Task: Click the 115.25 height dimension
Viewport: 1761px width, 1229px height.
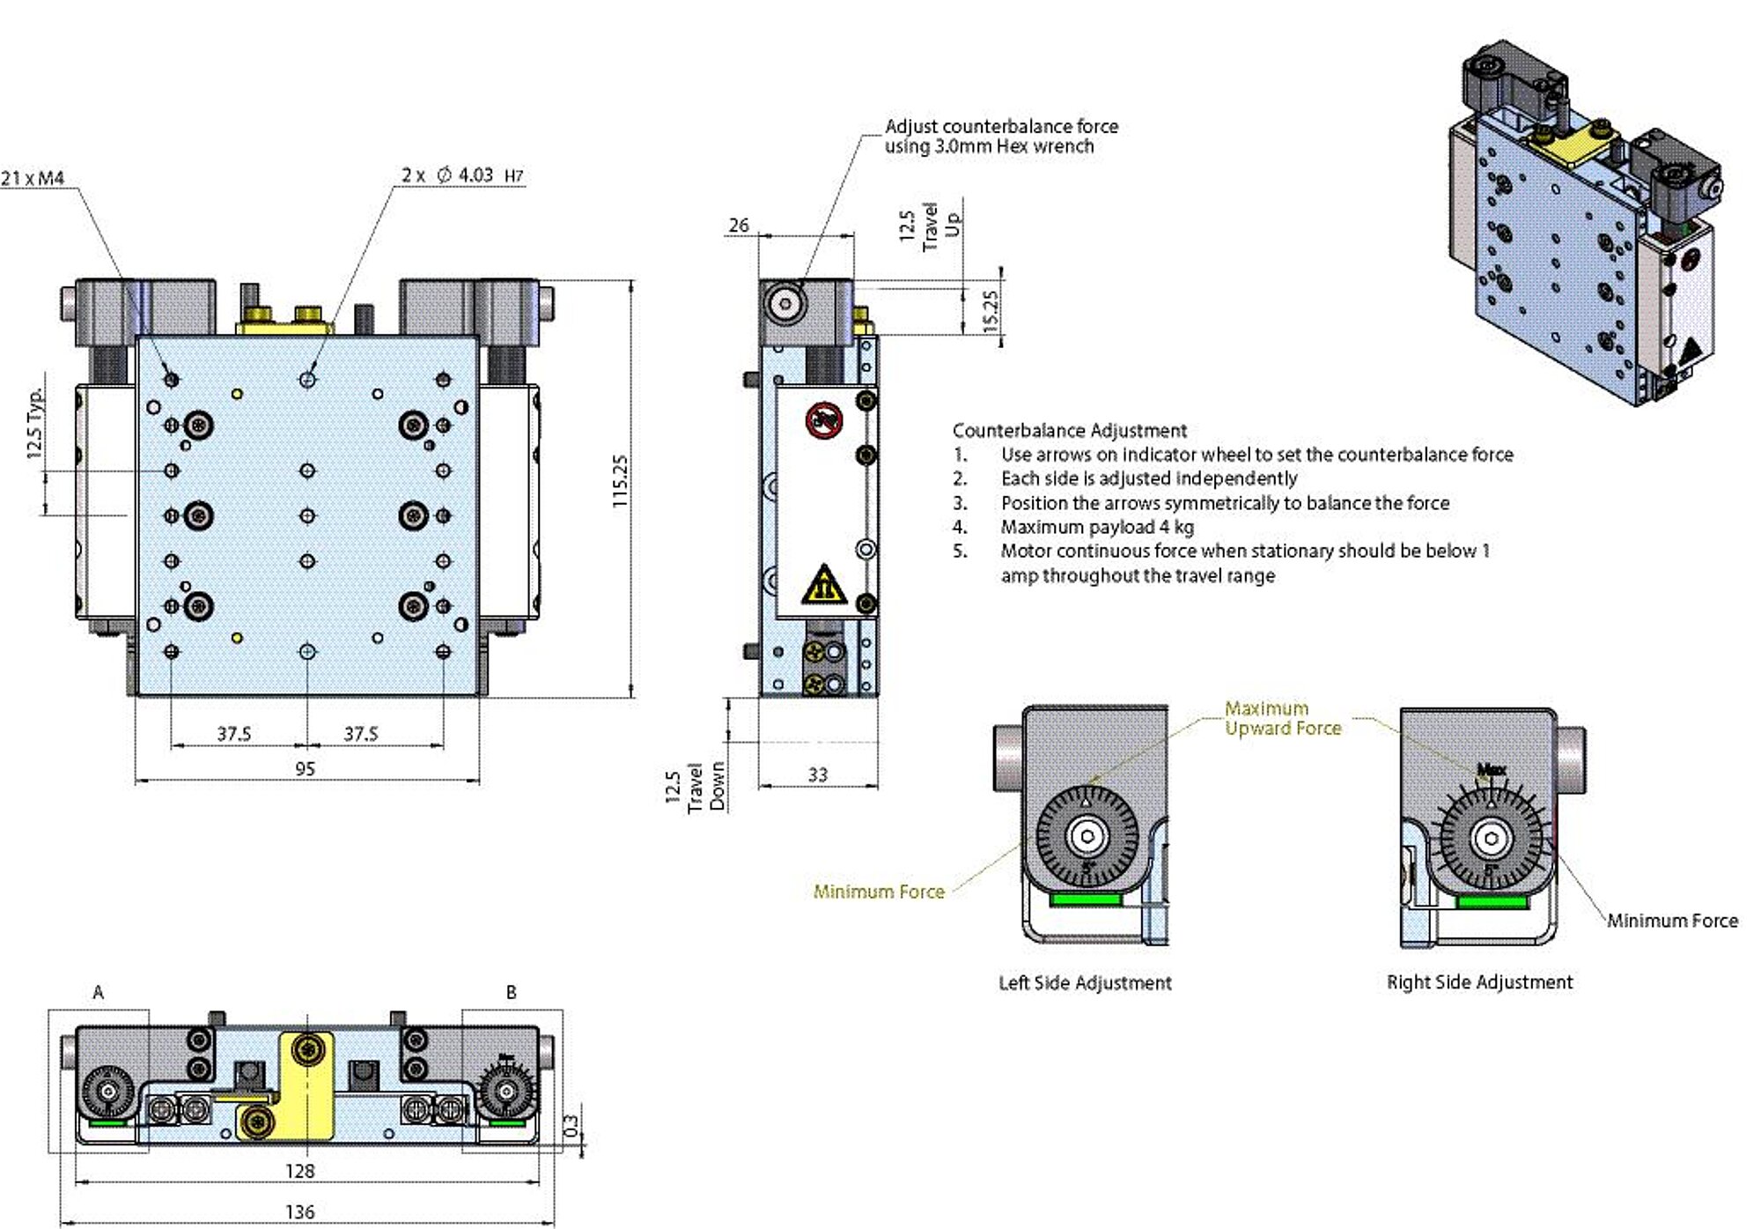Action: pos(620,481)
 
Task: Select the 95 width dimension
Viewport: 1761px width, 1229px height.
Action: pos(305,769)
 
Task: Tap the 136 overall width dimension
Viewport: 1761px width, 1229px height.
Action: pos(299,1212)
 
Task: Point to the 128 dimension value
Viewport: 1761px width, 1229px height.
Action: pos(299,1171)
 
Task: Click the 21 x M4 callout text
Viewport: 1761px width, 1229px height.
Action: pos(33,178)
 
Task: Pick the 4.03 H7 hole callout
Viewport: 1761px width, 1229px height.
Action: pos(463,175)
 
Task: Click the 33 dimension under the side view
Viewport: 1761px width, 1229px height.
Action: pos(817,774)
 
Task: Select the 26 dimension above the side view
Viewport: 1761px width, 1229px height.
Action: pos(738,226)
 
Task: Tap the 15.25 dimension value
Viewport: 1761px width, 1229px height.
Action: pos(991,311)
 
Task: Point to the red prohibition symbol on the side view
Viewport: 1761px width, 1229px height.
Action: pos(824,420)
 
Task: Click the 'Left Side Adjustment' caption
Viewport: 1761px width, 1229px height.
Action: pos(1085,983)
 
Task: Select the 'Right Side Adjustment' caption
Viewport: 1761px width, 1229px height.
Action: pos(1479,982)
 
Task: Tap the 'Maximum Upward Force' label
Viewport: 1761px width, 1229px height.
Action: pos(1282,718)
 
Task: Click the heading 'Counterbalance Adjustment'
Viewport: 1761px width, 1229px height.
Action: pos(1069,431)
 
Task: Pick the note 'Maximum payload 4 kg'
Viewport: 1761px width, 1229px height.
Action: pos(1096,527)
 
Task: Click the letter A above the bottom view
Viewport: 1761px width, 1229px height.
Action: pos(99,993)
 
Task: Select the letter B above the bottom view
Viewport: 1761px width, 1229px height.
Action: pos(511,993)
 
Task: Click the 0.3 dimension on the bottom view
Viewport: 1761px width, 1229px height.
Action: pos(571,1125)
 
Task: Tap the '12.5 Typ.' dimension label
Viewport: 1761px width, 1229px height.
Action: pos(35,424)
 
